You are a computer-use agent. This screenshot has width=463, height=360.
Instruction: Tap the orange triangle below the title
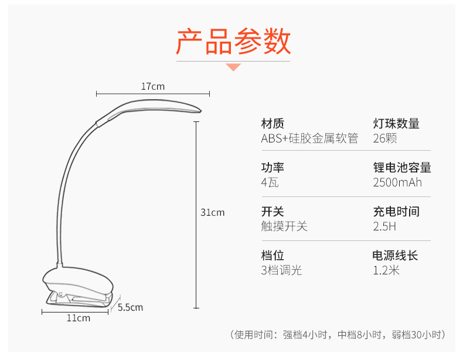[x=234, y=67]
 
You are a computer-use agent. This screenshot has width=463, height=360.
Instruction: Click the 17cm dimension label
[x=152, y=87]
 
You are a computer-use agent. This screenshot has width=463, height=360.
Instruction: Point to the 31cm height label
[x=212, y=212]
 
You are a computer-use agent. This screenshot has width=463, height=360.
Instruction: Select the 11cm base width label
[x=78, y=318]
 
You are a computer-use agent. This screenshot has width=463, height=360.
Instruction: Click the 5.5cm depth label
[x=130, y=307]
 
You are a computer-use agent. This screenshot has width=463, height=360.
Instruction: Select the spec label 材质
[x=273, y=124]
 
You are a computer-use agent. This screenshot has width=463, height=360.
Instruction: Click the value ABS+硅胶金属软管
[x=309, y=139]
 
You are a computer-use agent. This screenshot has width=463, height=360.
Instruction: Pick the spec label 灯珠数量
[x=396, y=124]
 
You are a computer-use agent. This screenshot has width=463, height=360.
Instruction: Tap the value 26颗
[x=385, y=139]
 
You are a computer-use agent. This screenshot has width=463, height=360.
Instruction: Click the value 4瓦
[x=270, y=182]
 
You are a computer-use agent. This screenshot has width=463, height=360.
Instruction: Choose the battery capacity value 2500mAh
[x=397, y=182]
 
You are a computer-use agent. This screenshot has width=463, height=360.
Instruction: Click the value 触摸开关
[x=284, y=226]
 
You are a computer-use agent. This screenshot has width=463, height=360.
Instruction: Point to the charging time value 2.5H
[x=384, y=226]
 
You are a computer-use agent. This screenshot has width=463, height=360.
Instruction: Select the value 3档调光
[x=281, y=270]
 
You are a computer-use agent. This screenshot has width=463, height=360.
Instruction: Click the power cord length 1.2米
[x=386, y=270]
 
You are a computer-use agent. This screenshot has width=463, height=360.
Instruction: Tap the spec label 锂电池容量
[x=402, y=168]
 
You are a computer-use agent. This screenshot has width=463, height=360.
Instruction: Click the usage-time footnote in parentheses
[x=338, y=335]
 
